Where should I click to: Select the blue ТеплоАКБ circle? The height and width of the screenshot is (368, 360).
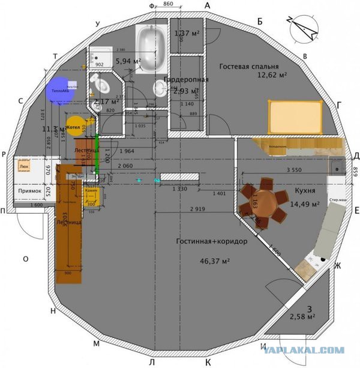coord(58,90)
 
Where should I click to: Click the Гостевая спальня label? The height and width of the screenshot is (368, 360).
coord(249,66)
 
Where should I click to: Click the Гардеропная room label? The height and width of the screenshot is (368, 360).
coord(185,80)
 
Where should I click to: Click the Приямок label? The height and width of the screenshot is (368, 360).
coord(29,191)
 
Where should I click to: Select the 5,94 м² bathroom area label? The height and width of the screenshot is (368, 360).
coord(128,61)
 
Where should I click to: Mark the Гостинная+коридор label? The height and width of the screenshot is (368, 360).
coord(203,241)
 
